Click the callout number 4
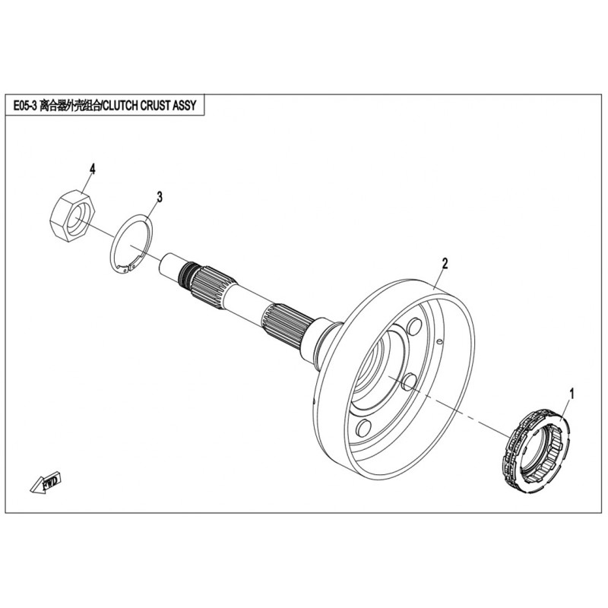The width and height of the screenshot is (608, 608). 92,169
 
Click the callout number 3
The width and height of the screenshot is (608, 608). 160,197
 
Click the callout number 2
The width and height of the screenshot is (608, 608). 445,264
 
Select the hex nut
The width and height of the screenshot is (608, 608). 72,216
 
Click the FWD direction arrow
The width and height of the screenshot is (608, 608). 46,483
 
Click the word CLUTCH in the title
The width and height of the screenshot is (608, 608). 121,106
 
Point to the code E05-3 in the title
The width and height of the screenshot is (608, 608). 25,106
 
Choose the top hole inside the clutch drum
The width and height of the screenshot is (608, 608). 414,328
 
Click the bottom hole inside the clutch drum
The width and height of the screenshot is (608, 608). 364,428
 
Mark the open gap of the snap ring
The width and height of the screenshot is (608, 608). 128,268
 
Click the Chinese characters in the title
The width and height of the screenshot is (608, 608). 70,106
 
